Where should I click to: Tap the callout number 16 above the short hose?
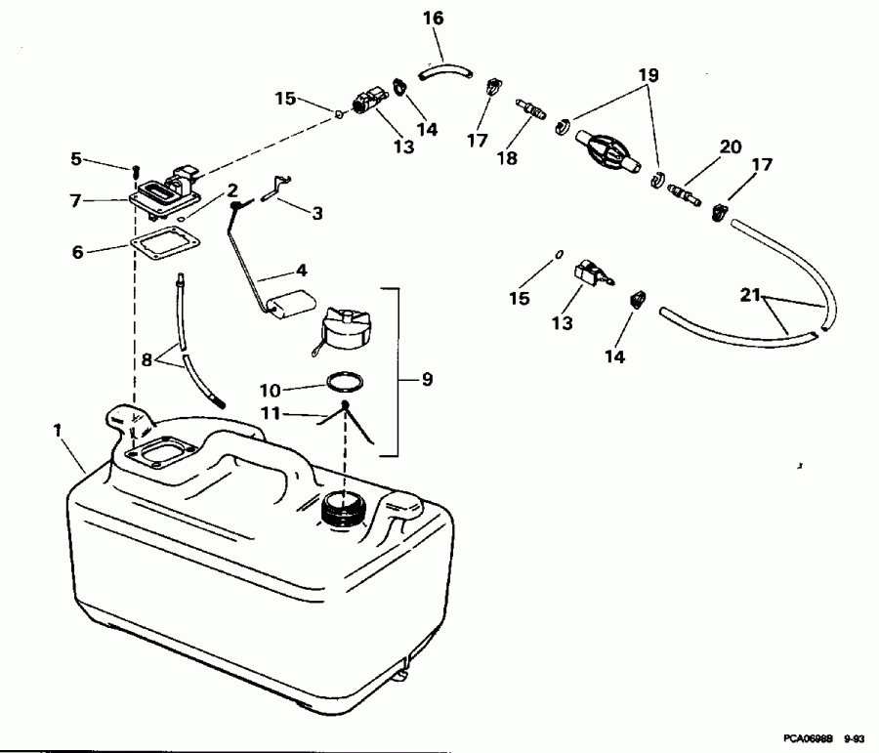coord(433,19)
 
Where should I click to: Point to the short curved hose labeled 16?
coord(444,71)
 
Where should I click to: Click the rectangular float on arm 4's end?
coord(286,307)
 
